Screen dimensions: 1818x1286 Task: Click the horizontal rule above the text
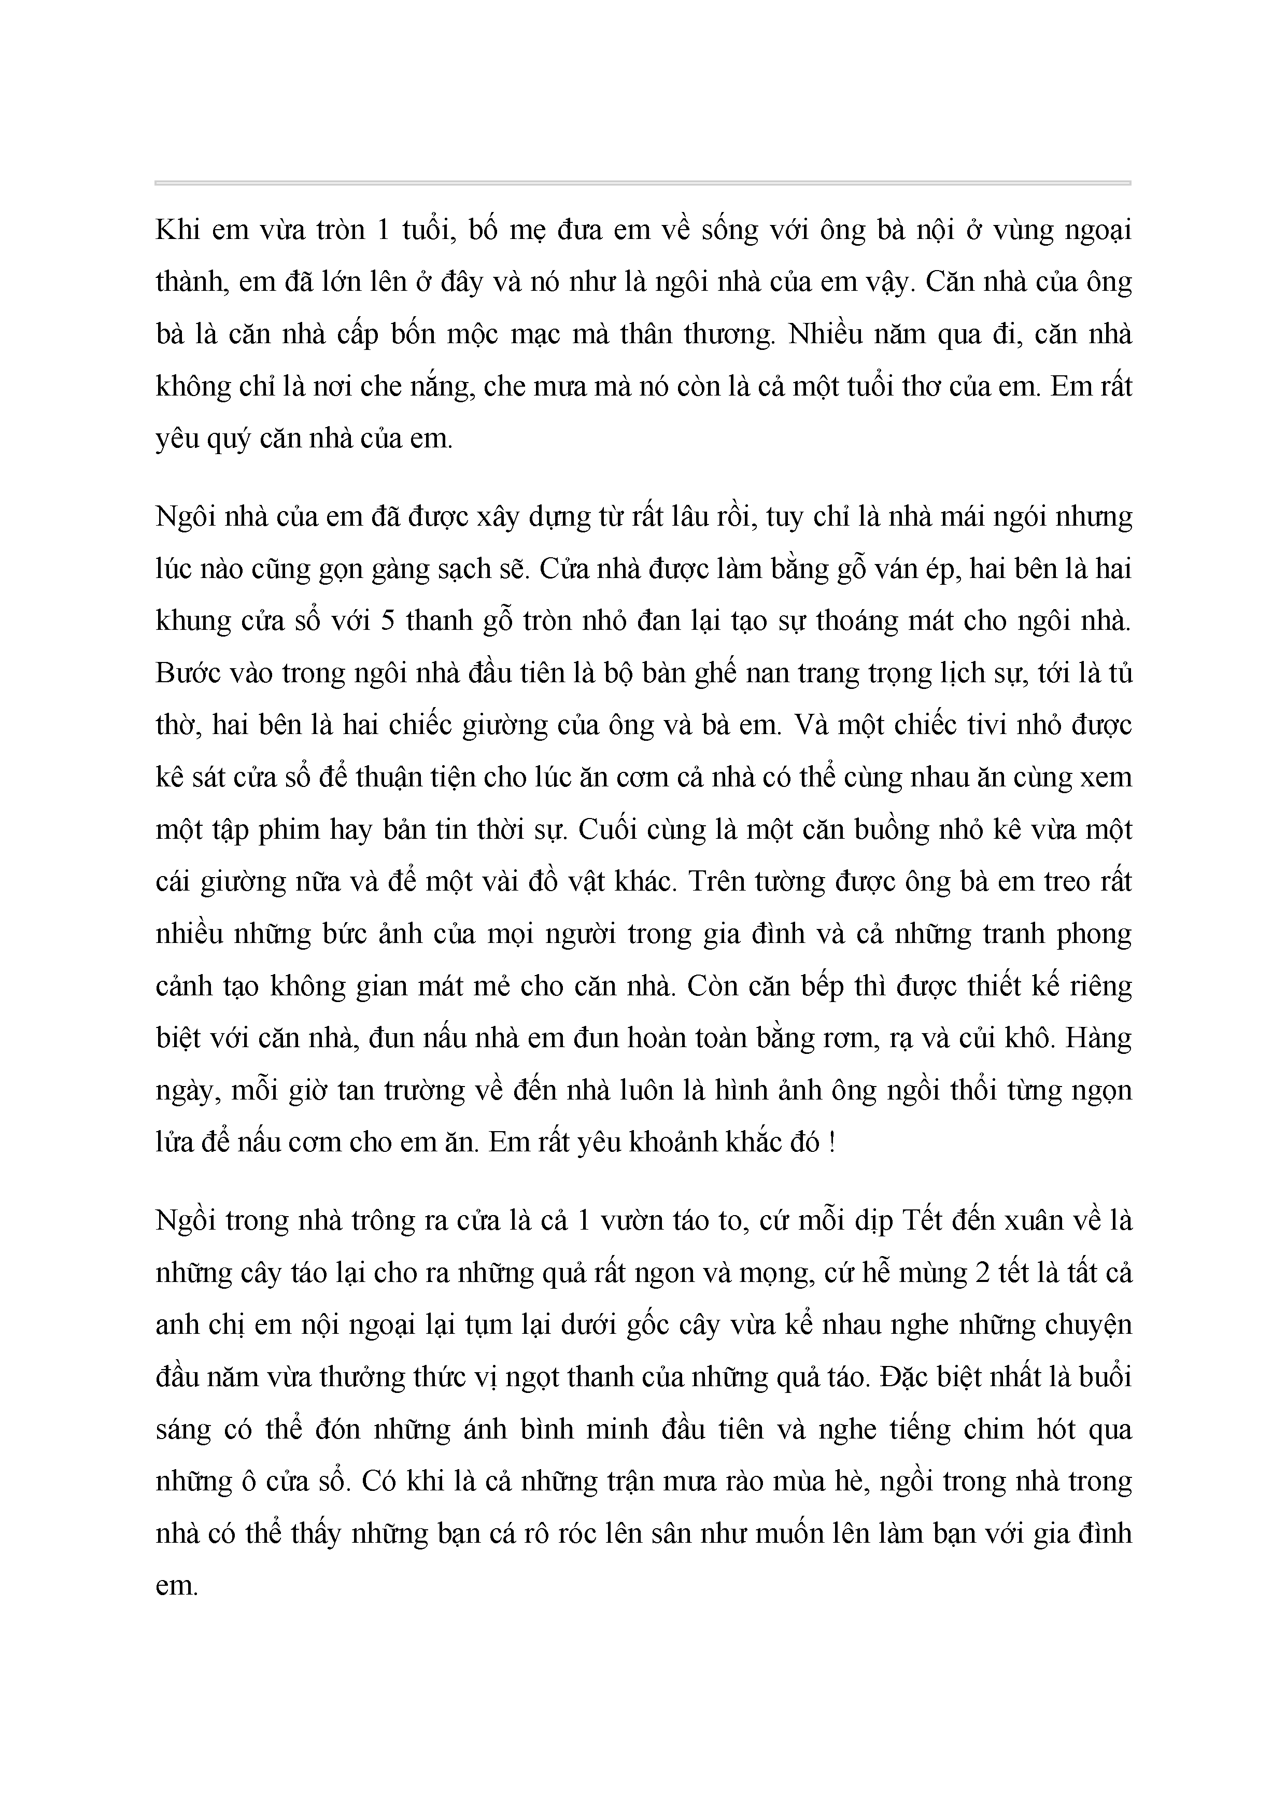642,183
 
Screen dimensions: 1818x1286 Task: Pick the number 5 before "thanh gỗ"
387,621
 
